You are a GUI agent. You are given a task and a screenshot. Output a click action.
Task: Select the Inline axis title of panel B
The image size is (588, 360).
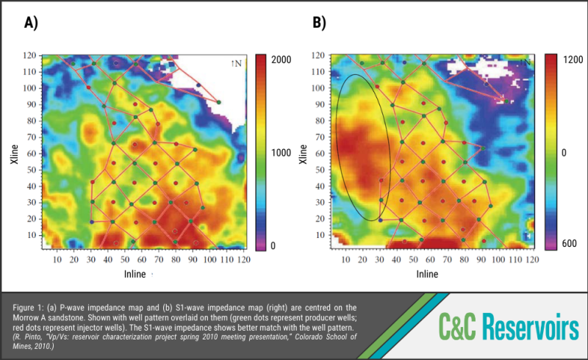[x=428, y=274]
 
